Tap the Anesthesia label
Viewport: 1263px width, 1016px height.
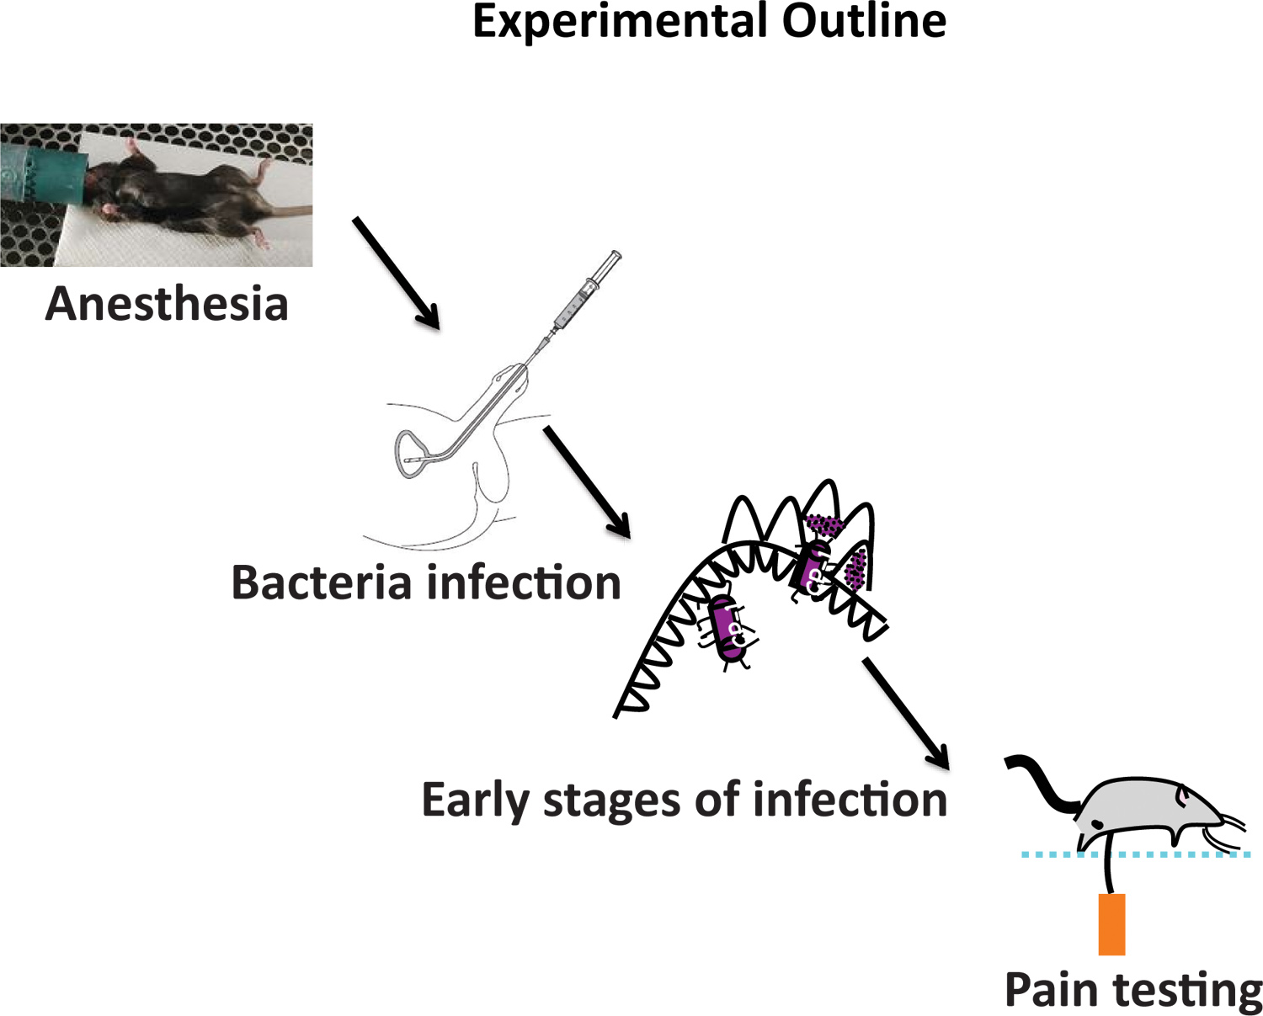167,304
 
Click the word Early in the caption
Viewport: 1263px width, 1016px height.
475,801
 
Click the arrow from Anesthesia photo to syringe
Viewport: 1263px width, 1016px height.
396,272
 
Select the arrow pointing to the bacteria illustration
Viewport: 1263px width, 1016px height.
587,481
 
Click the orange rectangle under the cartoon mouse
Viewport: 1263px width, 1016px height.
1111,924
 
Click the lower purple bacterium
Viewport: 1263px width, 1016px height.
727,627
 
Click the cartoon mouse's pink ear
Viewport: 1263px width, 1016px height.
1183,794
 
